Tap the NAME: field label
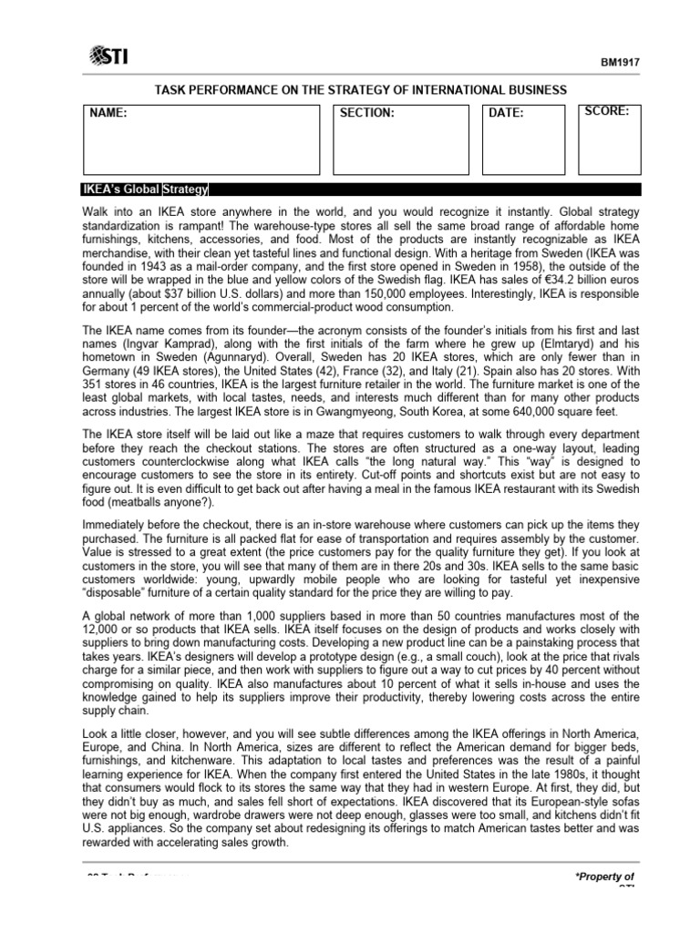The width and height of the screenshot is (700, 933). point(107,113)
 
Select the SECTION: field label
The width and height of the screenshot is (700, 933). point(366,113)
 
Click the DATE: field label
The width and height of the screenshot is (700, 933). point(506,113)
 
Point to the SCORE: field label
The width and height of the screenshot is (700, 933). point(609,111)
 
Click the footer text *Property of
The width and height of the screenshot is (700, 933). point(603,876)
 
